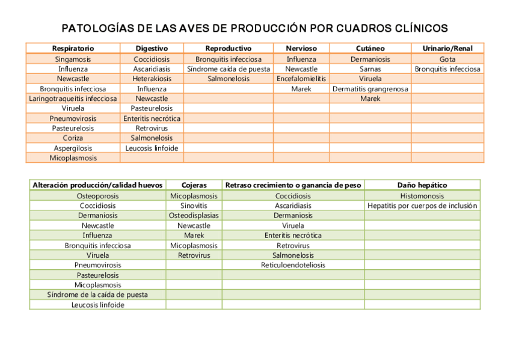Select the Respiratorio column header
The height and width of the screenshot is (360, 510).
coord(73,48)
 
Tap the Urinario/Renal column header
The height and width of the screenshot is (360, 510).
coord(447,48)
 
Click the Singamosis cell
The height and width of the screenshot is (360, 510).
coord(73,59)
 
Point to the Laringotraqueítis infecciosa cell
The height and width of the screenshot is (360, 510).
coord(73,99)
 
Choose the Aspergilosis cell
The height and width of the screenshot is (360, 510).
coord(73,148)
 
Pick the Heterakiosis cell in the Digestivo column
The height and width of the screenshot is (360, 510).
coord(152,79)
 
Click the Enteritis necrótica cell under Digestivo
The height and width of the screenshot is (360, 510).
coord(152,118)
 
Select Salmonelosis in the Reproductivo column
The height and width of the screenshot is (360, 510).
coord(228,79)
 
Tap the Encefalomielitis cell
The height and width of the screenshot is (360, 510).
coord(301,79)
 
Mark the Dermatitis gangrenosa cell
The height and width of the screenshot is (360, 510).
coord(370,89)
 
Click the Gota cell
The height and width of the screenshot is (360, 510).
coord(447,59)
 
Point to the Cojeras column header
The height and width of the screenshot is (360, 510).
coord(194,185)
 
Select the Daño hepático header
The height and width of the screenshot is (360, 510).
coord(422,185)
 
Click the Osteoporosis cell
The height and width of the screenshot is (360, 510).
coord(97,196)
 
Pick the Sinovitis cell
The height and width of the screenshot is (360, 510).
coord(194,206)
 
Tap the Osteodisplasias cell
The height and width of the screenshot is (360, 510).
coord(194,215)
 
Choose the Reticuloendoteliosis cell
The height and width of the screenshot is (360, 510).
coord(293,265)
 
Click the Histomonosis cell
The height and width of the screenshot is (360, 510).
coord(422,196)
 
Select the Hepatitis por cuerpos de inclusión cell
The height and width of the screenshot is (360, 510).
coord(422,206)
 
